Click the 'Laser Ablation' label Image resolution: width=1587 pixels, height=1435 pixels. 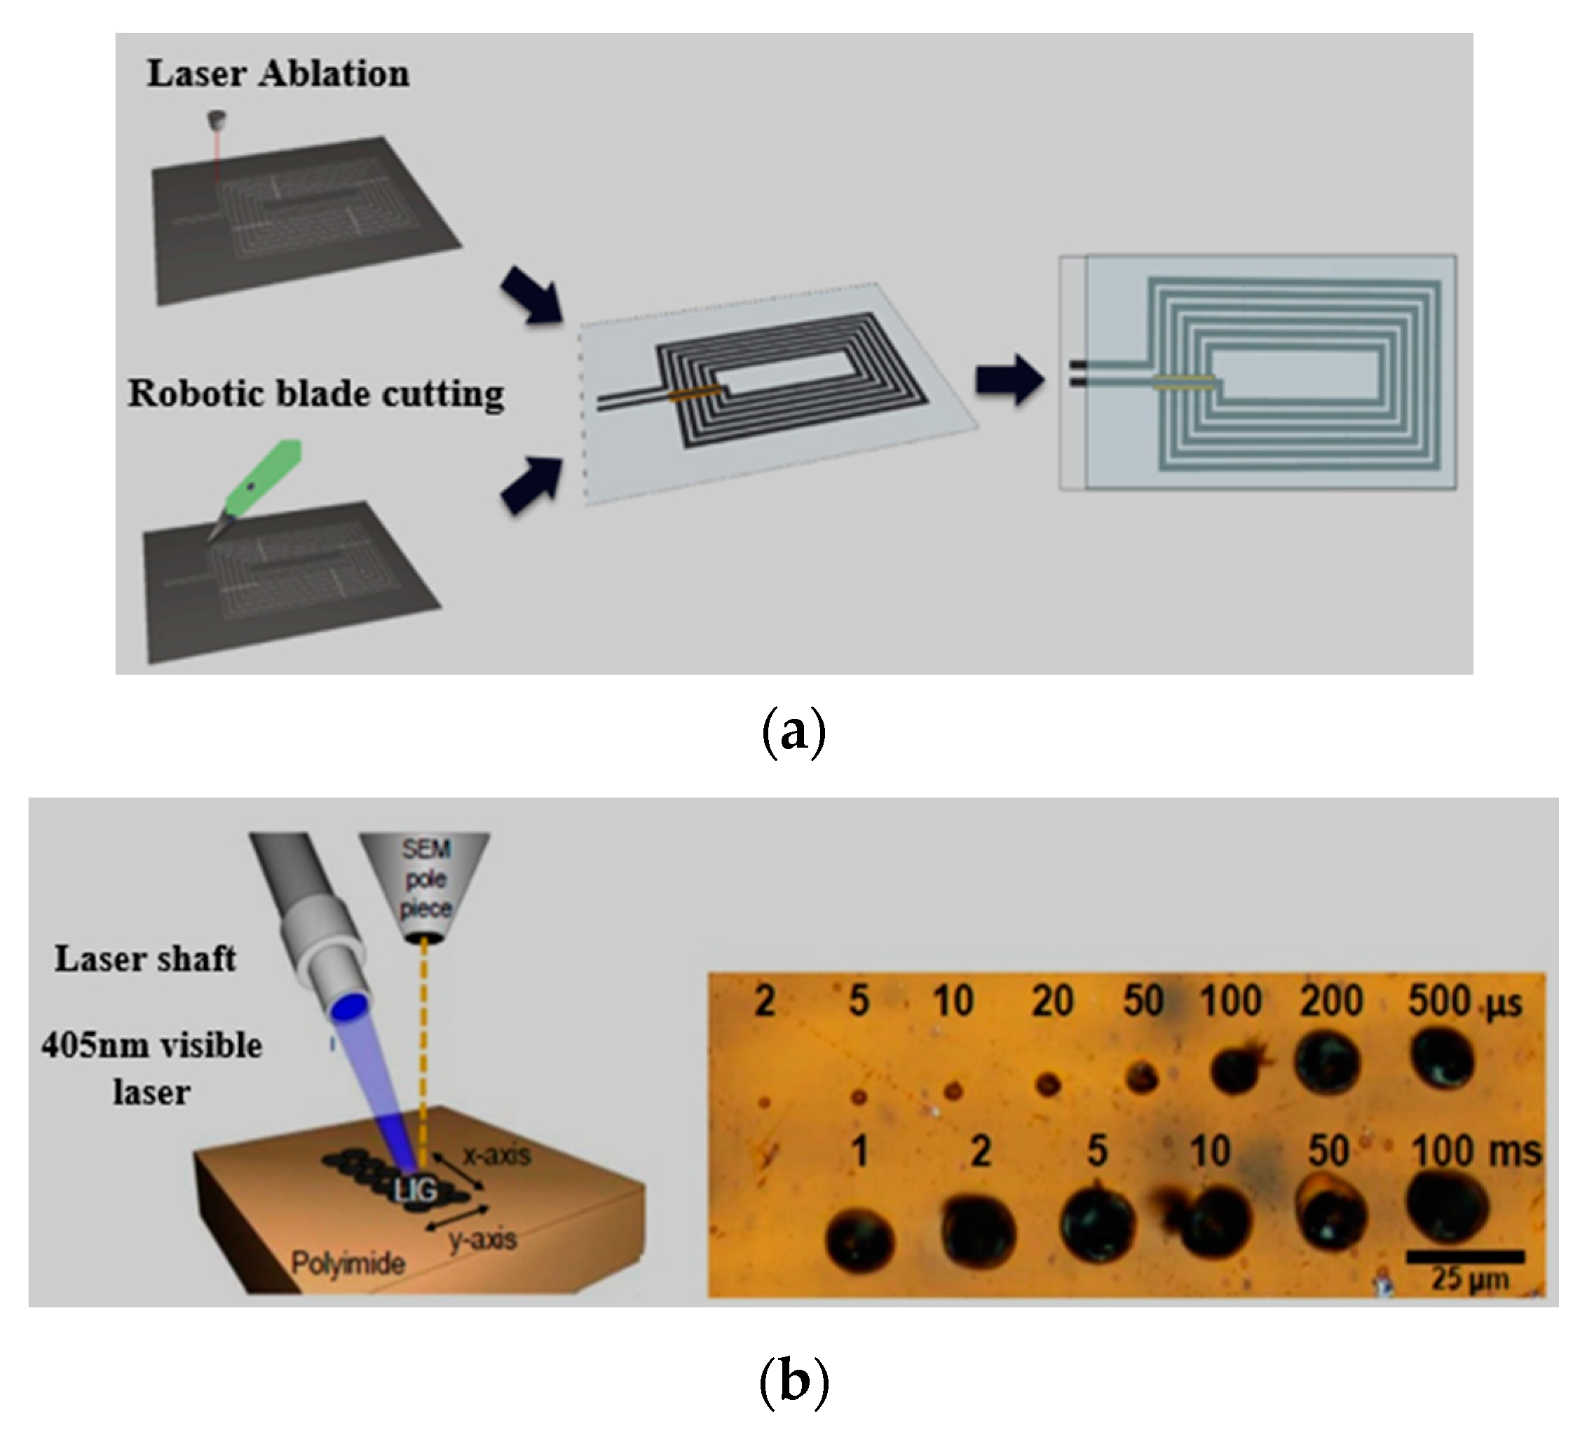click(278, 74)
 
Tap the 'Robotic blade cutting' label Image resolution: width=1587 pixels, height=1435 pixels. click(315, 393)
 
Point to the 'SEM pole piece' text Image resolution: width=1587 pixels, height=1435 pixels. click(426, 878)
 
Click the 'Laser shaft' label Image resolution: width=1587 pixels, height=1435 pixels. click(145, 959)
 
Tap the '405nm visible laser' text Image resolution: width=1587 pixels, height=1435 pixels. click(151, 1068)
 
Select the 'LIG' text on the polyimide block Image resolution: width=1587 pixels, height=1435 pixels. click(415, 1190)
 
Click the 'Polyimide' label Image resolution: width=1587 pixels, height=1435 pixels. click(348, 1263)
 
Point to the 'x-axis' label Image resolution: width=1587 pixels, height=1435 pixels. click(497, 1155)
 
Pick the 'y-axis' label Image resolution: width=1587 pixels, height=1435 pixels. click(482, 1240)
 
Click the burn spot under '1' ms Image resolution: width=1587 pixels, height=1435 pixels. click(859, 1242)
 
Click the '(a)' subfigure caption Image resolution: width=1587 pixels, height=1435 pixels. click(793, 732)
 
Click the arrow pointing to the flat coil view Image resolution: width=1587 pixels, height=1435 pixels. click(1010, 380)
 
